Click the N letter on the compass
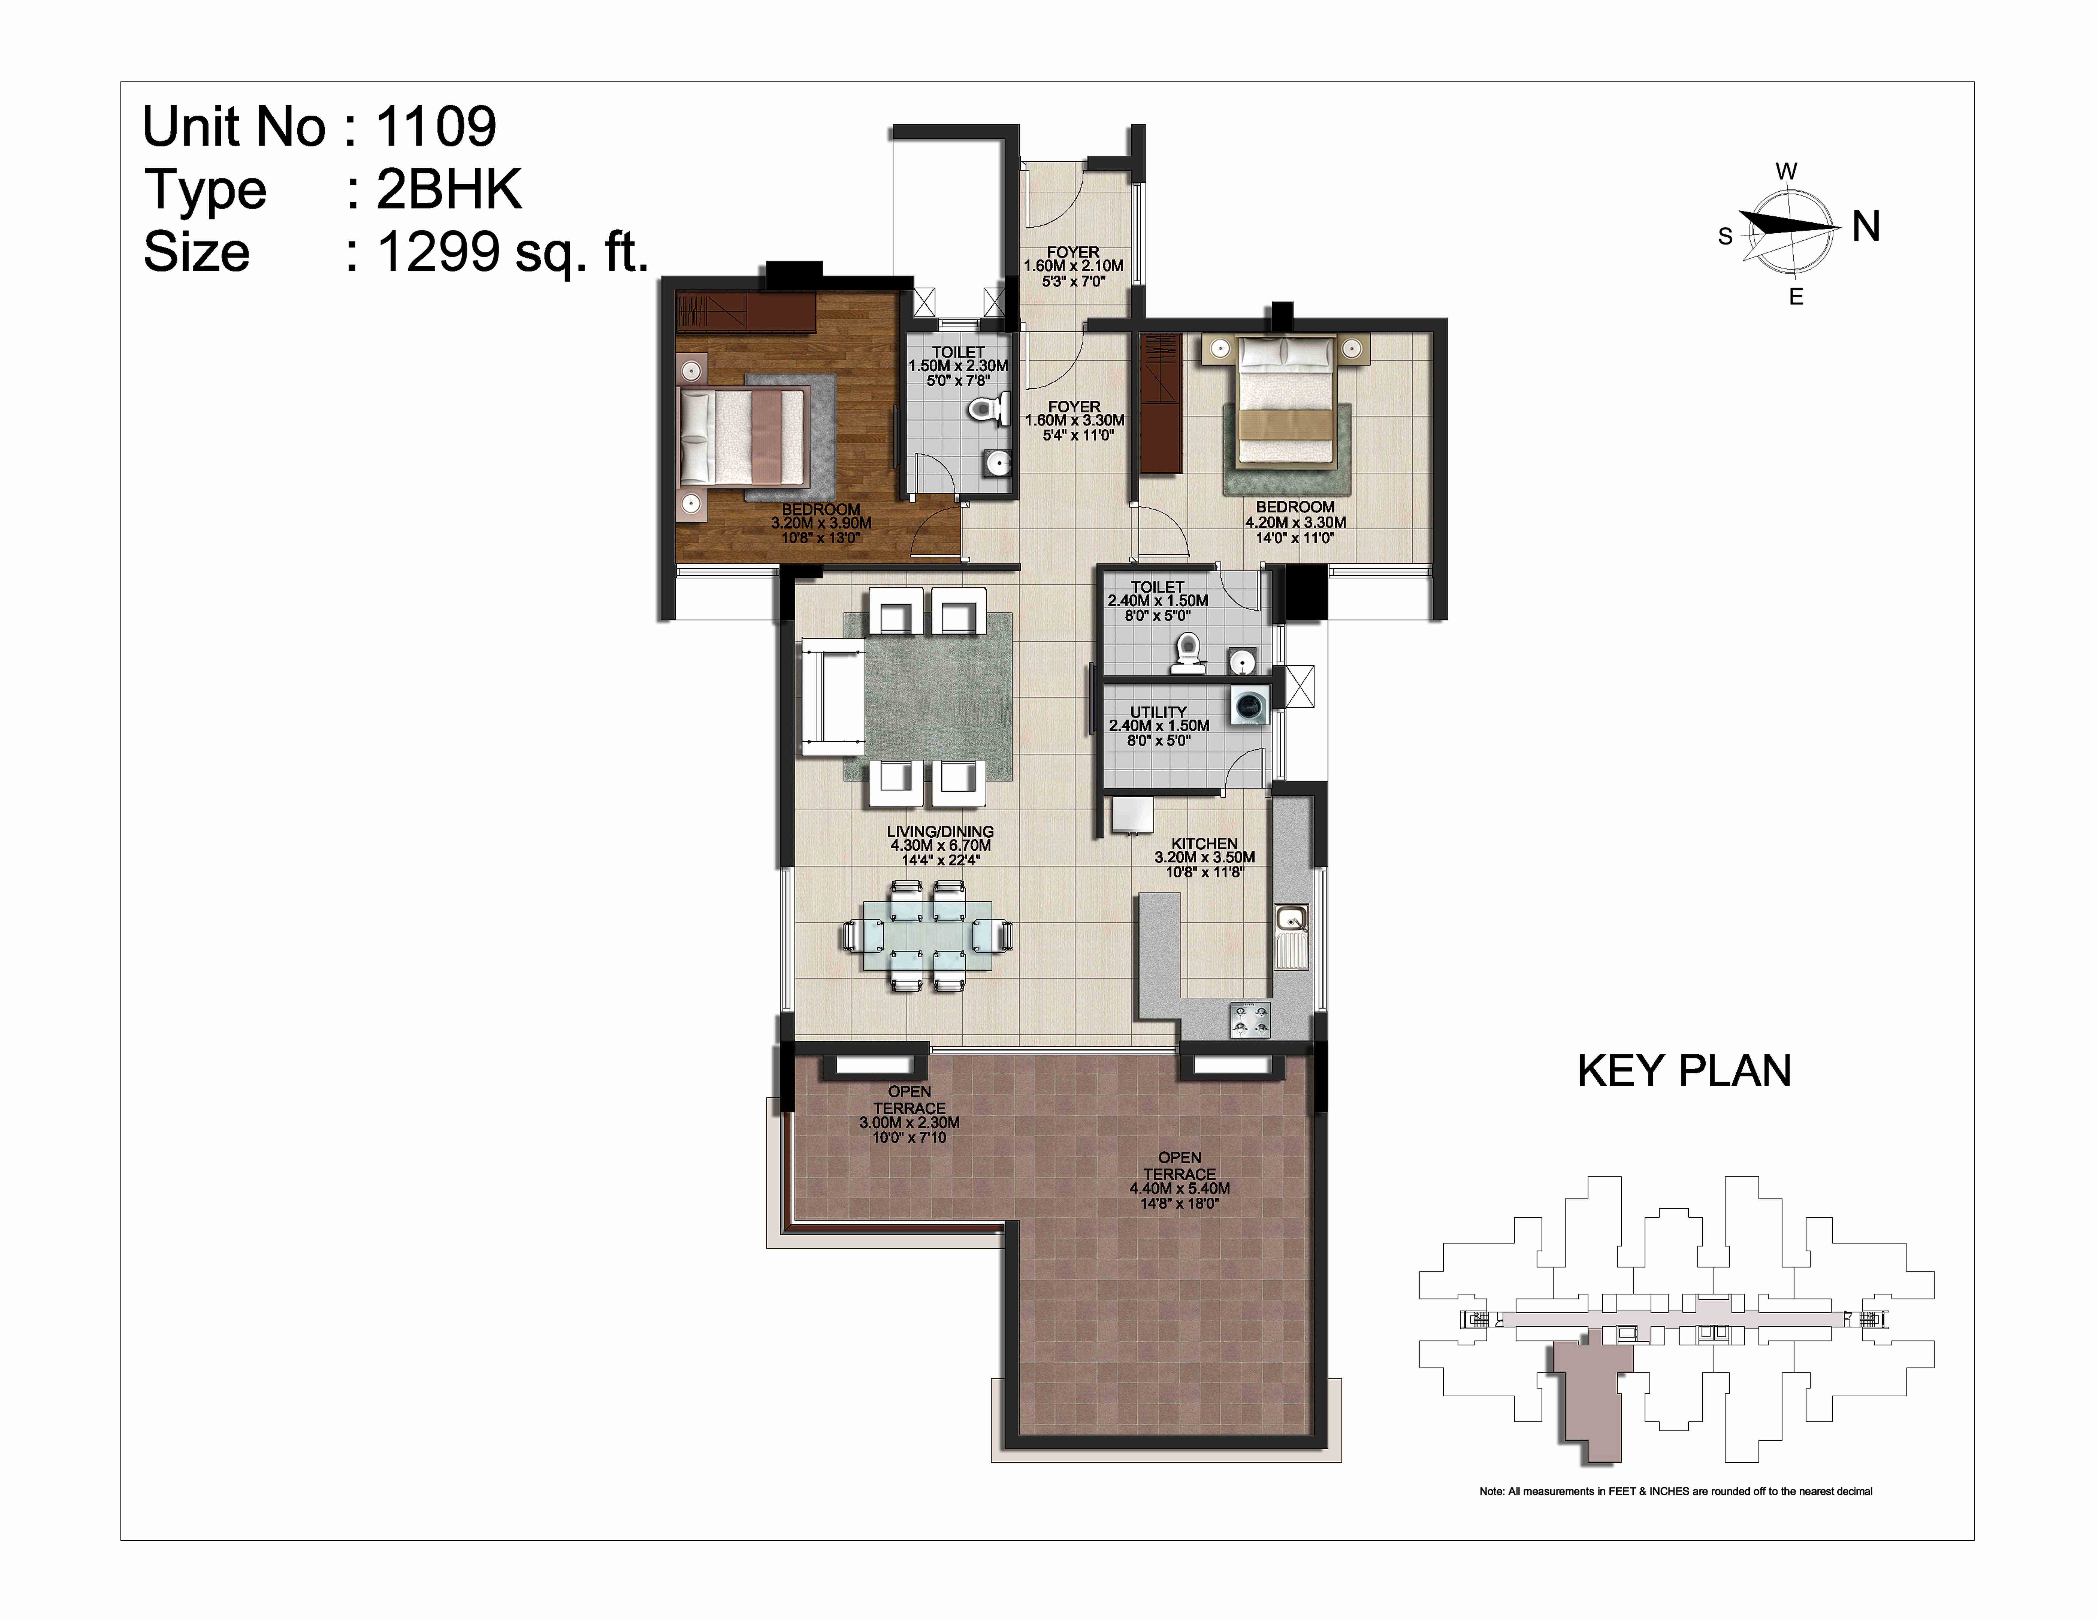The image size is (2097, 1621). [x=1866, y=227]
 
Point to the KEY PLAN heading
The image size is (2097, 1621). [x=1684, y=1071]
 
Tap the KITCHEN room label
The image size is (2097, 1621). [x=1204, y=843]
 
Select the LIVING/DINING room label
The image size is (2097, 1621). [x=940, y=832]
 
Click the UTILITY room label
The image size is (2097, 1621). [x=1158, y=712]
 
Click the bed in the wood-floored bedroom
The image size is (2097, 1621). [x=741, y=436]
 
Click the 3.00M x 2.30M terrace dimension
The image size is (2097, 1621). [x=909, y=1122]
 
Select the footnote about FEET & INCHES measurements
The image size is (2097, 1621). [x=1675, y=1491]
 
